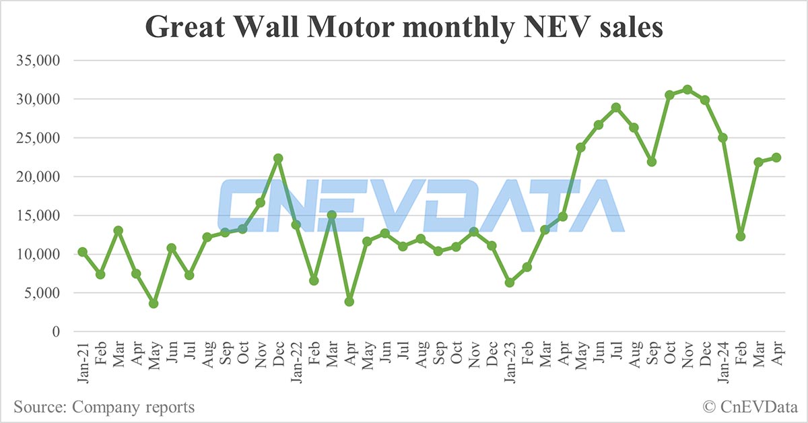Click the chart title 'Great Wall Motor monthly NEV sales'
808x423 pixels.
tap(404, 28)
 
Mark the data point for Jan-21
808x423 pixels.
tap(82, 252)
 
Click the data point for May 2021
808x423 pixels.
tap(154, 304)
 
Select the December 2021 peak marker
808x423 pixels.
tap(278, 158)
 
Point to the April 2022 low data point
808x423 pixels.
tap(349, 301)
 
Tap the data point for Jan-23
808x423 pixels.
tap(510, 283)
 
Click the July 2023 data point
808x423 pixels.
tap(616, 108)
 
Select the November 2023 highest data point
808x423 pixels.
tap(687, 90)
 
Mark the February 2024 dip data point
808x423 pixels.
tap(741, 236)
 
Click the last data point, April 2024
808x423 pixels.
tap(776, 158)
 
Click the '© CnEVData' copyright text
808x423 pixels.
tap(748, 407)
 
